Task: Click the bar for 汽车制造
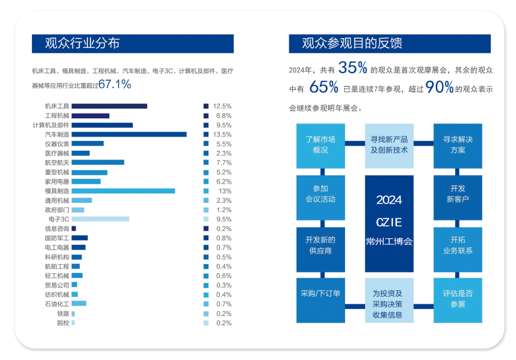[x=129, y=135]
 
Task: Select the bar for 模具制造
[x=123, y=191]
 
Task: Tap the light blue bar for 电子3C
[x=100, y=219]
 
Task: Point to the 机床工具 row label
[x=57, y=106]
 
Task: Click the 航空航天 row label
[x=57, y=163]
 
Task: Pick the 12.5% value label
[x=222, y=106]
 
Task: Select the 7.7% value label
[x=224, y=163]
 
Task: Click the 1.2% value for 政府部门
[x=224, y=210]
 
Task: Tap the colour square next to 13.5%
[x=206, y=135]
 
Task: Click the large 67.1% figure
[x=115, y=85]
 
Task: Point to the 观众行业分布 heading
[x=82, y=43]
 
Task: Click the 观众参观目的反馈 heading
[x=352, y=43]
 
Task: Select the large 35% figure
[x=353, y=68]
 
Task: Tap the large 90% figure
[x=439, y=87]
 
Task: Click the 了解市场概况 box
[x=321, y=146]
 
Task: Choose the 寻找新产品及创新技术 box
[x=389, y=146]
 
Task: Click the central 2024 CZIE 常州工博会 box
[x=389, y=223]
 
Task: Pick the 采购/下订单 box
[x=321, y=300]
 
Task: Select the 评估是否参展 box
[x=458, y=300]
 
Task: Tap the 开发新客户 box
[x=458, y=197]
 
